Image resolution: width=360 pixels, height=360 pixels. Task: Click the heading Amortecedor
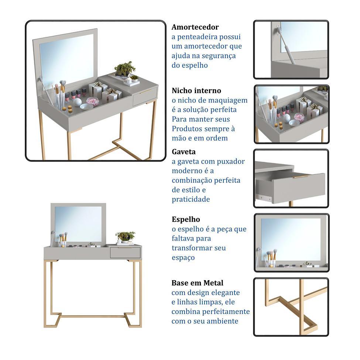pyautogui.click(x=195, y=27)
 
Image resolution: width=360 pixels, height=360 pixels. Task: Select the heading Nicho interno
pyautogui.click(x=196, y=90)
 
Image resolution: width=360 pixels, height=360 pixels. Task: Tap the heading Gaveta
pyautogui.click(x=184, y=152)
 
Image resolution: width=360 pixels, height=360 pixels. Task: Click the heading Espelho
pyautogui.click(x=186, y=219)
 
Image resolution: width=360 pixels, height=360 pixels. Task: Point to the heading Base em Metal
pyautogui.click(x=197, y=283)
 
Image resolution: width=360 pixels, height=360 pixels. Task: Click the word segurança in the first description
pyautogui.click(x=219, y=56)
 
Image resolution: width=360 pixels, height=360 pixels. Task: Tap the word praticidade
pyautogui.click(x=191, y=199)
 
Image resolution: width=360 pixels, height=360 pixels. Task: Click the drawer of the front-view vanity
pyautogui.click(x=125, y=253)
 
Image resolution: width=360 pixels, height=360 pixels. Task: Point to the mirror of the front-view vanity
pyautogui.click(x=78, y=223)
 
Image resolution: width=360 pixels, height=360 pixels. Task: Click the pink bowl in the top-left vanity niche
pyautogui.click(x=92, y=101)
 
